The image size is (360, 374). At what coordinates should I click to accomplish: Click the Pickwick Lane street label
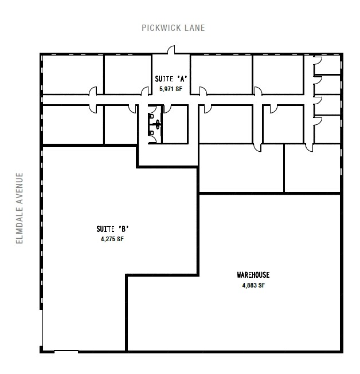pos(174,27)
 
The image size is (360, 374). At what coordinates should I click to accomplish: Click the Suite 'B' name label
pos(108,230)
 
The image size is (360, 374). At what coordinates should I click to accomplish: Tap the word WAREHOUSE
pos(253,275)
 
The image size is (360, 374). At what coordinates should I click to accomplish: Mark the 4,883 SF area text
pos(253,285)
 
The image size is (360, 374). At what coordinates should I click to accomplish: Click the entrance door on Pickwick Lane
pos(170,52)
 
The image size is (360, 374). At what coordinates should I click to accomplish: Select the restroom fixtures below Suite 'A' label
pos(154,124)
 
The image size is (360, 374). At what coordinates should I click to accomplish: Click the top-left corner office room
pos(73,74)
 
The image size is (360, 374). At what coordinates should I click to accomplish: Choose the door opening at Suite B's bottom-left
pos(66,351)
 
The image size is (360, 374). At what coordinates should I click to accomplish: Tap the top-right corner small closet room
pos(328,65)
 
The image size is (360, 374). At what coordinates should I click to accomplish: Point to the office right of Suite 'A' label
pos(221,74)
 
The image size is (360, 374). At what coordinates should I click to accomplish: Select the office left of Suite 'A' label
pos(127,74)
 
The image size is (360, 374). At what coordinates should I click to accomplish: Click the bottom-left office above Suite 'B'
pos(73,125)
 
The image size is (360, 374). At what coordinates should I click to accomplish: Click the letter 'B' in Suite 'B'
pos(116,230)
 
